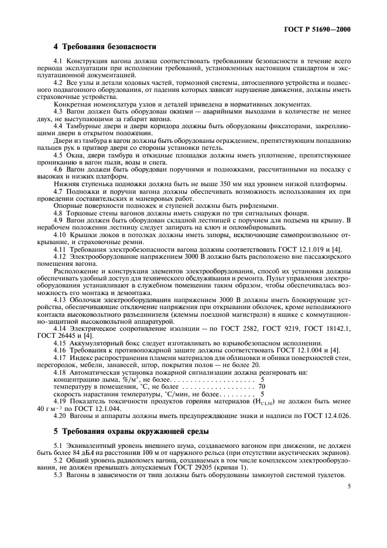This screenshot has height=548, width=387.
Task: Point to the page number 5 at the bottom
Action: (348, 485)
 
